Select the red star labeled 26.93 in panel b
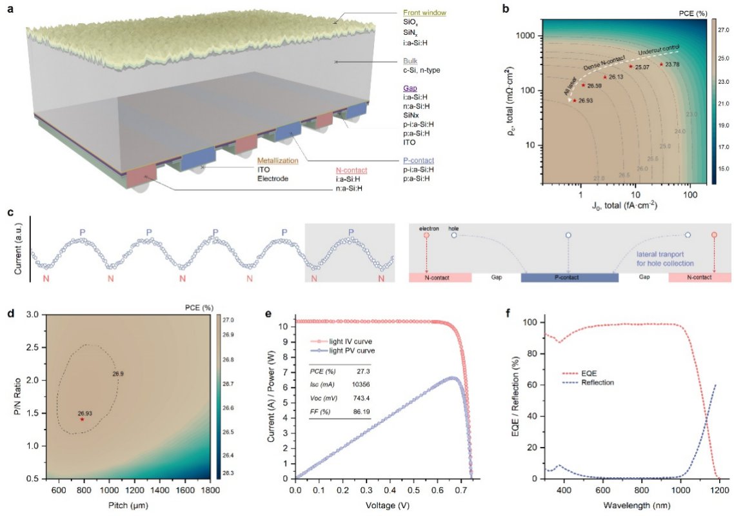click(x=575, y=101)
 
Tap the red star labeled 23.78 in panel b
click(x=661, y=64)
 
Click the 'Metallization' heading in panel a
click(x=278, y=160)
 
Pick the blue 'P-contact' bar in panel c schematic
click(x=569, y=277)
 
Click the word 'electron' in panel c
click(x=429, y=228)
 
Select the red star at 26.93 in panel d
click(x=82, y=419)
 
